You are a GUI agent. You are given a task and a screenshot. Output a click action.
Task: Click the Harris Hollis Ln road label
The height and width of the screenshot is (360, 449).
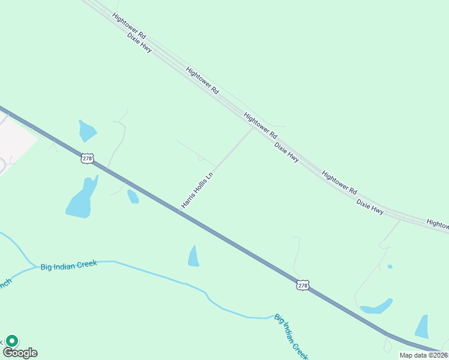197,191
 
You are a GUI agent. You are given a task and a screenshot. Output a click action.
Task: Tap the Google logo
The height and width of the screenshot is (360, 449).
20,353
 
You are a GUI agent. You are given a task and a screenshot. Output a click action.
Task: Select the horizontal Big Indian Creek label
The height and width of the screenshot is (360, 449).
68,266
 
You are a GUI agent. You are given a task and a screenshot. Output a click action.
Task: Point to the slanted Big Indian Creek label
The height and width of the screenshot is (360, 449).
291,336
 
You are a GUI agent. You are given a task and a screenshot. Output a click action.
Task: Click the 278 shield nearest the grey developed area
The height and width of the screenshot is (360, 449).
87,158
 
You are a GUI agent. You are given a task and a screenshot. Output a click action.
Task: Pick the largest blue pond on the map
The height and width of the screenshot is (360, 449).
82,198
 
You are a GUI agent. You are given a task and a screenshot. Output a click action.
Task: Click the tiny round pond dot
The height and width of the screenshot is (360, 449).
390,266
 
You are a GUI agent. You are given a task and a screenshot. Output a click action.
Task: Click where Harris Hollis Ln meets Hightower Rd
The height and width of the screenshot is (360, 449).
253,127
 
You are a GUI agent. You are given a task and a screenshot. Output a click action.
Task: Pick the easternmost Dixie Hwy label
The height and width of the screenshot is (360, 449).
370,207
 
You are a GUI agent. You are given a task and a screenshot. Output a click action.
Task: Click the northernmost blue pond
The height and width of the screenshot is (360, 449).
86,130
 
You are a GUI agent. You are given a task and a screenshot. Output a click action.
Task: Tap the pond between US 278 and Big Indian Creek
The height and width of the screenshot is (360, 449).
193,256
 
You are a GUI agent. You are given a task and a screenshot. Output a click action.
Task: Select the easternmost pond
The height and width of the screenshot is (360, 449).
422,327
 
